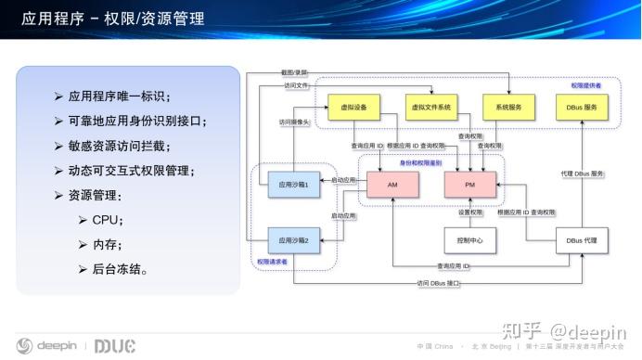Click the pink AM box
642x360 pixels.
click(x=395, y=186)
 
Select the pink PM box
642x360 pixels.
click(x=471, y=186)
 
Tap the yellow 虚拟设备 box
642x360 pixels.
click(x=354, y=108)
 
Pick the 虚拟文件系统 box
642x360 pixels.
click(x=431, y=108)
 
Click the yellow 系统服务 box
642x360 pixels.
click(x=508, y=108)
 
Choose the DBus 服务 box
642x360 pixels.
click(x=582, y=108)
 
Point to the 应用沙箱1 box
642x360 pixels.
click(x=293, y=185)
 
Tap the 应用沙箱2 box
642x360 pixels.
click(x=293, y=240)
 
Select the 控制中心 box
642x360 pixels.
click(x=471, y=240)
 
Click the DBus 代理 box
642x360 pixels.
click(x=582, y=240)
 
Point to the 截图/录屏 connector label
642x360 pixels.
click(x=295, y=71)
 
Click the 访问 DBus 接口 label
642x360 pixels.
click(x=438, y=282)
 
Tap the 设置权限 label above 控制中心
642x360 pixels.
click(x=471, y=213)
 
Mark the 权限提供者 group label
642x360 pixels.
click(x=585, y=85)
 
